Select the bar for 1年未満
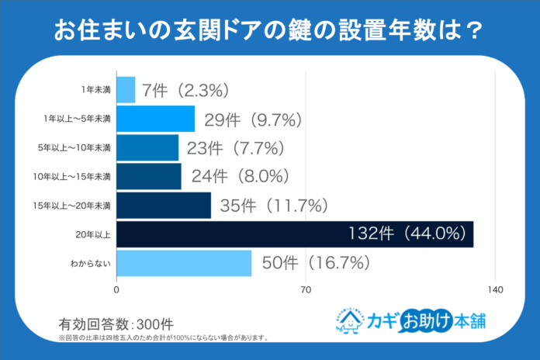click(126, 89)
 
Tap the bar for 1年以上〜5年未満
click(156, 119)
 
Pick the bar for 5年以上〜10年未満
click(147, 147)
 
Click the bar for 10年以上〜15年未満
click(149, 176)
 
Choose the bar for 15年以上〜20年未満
click(164, 205)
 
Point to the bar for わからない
click(184, 263)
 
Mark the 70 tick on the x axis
click(306, 290)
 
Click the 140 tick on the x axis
click(495, 290)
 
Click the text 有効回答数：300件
click(116, 324)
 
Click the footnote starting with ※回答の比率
click(164, 338)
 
